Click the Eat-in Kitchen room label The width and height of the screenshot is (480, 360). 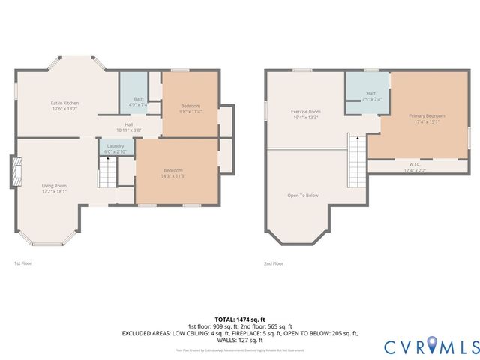pos(64,103)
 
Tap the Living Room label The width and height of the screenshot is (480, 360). pos(54,185)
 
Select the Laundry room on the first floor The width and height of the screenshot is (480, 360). pos(115,148)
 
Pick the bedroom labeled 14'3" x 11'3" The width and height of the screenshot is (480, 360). pos(174,172)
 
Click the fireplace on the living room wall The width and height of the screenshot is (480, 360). pos(16,172)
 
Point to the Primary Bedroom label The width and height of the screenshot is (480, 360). pos(426,115)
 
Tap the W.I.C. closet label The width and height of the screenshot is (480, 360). pos(414,164)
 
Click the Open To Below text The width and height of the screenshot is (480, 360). pos(303,196)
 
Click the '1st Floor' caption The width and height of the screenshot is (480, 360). pos(24,263)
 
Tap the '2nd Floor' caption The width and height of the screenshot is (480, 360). pos(274,263)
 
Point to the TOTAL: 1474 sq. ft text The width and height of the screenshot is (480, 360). pos(239,319)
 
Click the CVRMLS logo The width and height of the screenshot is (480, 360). pos(432,346)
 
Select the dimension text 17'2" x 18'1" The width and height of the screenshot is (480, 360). pos(54,191)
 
